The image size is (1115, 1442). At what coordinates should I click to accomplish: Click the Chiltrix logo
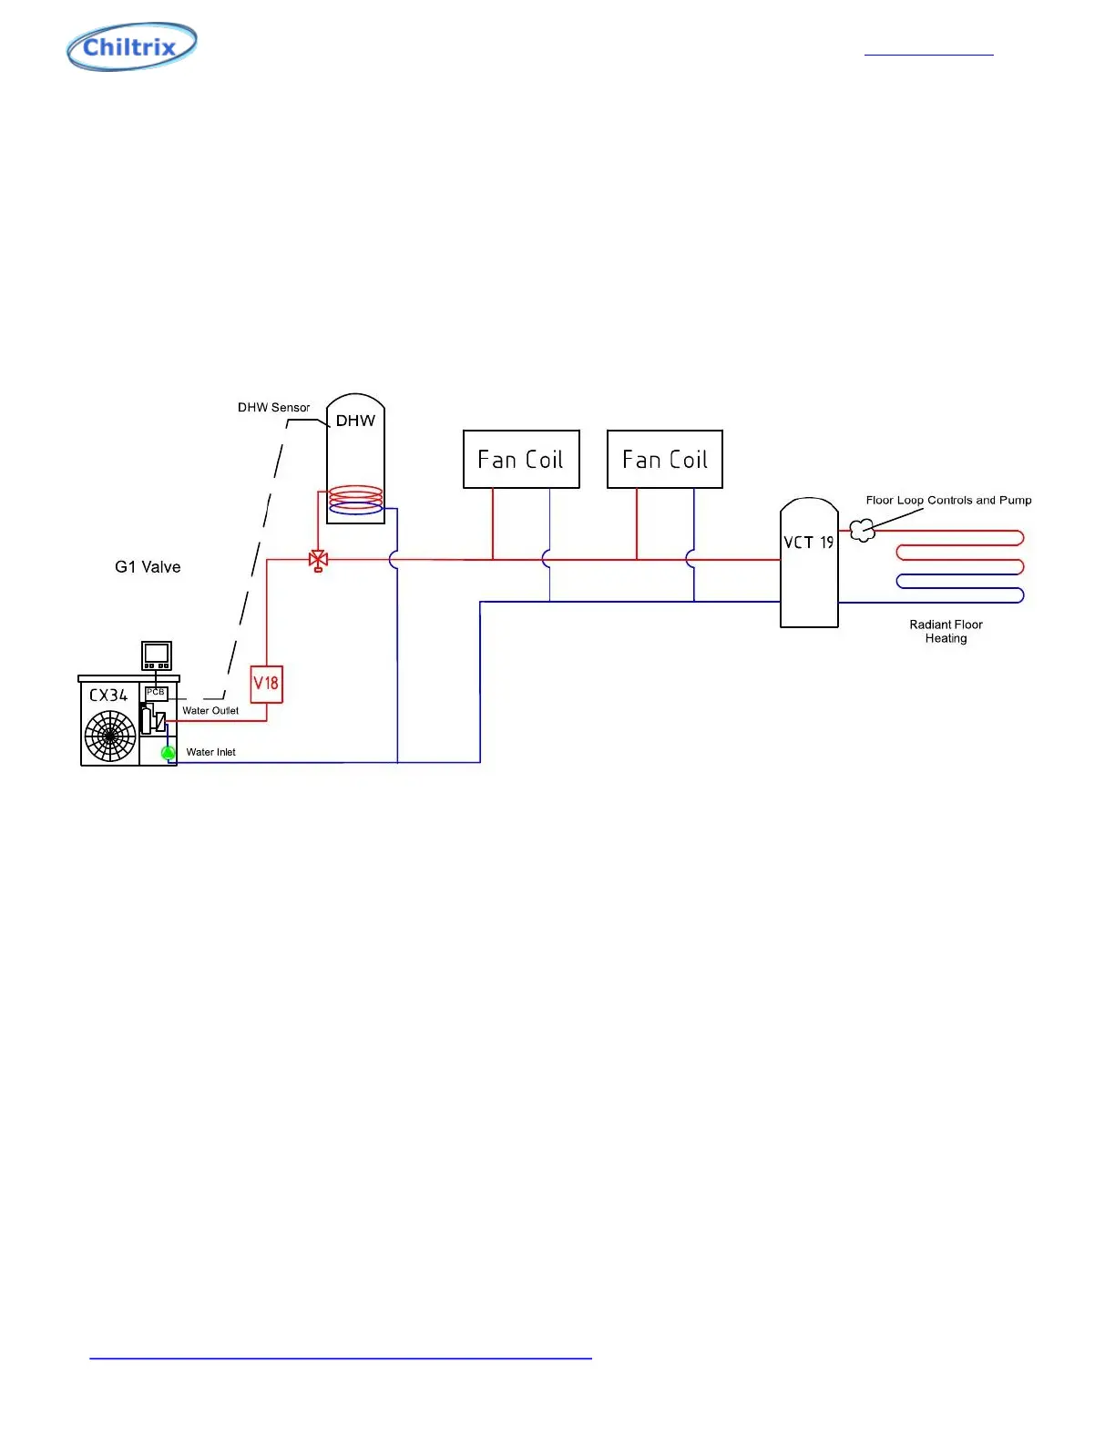pyautogui.click(x=131, y=46)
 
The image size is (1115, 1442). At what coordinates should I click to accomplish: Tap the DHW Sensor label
pyautogui.click(x=273, y=408)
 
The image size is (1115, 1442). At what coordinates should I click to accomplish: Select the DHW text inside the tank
pyautogui.click(x=355, y=421)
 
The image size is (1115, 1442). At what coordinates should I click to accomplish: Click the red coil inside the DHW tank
pyautogui.click(x=356, y=495)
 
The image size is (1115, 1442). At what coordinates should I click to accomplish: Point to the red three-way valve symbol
pyautogui.click(x=318, y=560)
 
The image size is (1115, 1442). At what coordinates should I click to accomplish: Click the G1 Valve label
pyautogui.click(x=148, y=567)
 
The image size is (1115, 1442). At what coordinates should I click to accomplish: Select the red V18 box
pyautogui.click(x=266, y=684)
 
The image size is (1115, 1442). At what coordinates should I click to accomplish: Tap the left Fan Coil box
pyautogui.click(x=521, y=459)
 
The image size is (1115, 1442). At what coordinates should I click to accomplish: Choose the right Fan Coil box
pyautogui.click(x=665, y=459)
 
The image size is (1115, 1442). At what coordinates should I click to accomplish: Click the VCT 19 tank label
pyautogui.click(x=808, y=543)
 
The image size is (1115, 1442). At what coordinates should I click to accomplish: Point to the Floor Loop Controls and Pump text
pyautogui.click(x=948, y=501)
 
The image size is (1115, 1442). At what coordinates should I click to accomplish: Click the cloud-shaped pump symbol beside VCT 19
pyautogui.click(x=862, y=530)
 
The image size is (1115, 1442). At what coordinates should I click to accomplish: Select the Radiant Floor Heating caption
pyautogui.click(x=946, y=631)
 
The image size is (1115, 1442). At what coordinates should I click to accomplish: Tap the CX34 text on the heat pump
pyautogui.click(x=108, y=695)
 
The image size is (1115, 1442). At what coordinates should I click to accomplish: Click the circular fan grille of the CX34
pyautogui.click(x=110, y=736)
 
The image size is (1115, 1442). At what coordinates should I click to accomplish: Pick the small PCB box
pyautogui.click(x=156, y=693)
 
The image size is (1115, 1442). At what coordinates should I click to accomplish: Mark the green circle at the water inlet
pyautogui.click(x=168, y=753)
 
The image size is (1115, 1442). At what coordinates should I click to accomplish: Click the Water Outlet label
pyautogui.click(x=210, y=711)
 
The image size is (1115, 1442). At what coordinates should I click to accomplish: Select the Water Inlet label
pyautogui.click(x=210, y=752)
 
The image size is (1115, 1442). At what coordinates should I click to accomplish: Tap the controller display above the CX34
pyautogui.click(x=157, y=655)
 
